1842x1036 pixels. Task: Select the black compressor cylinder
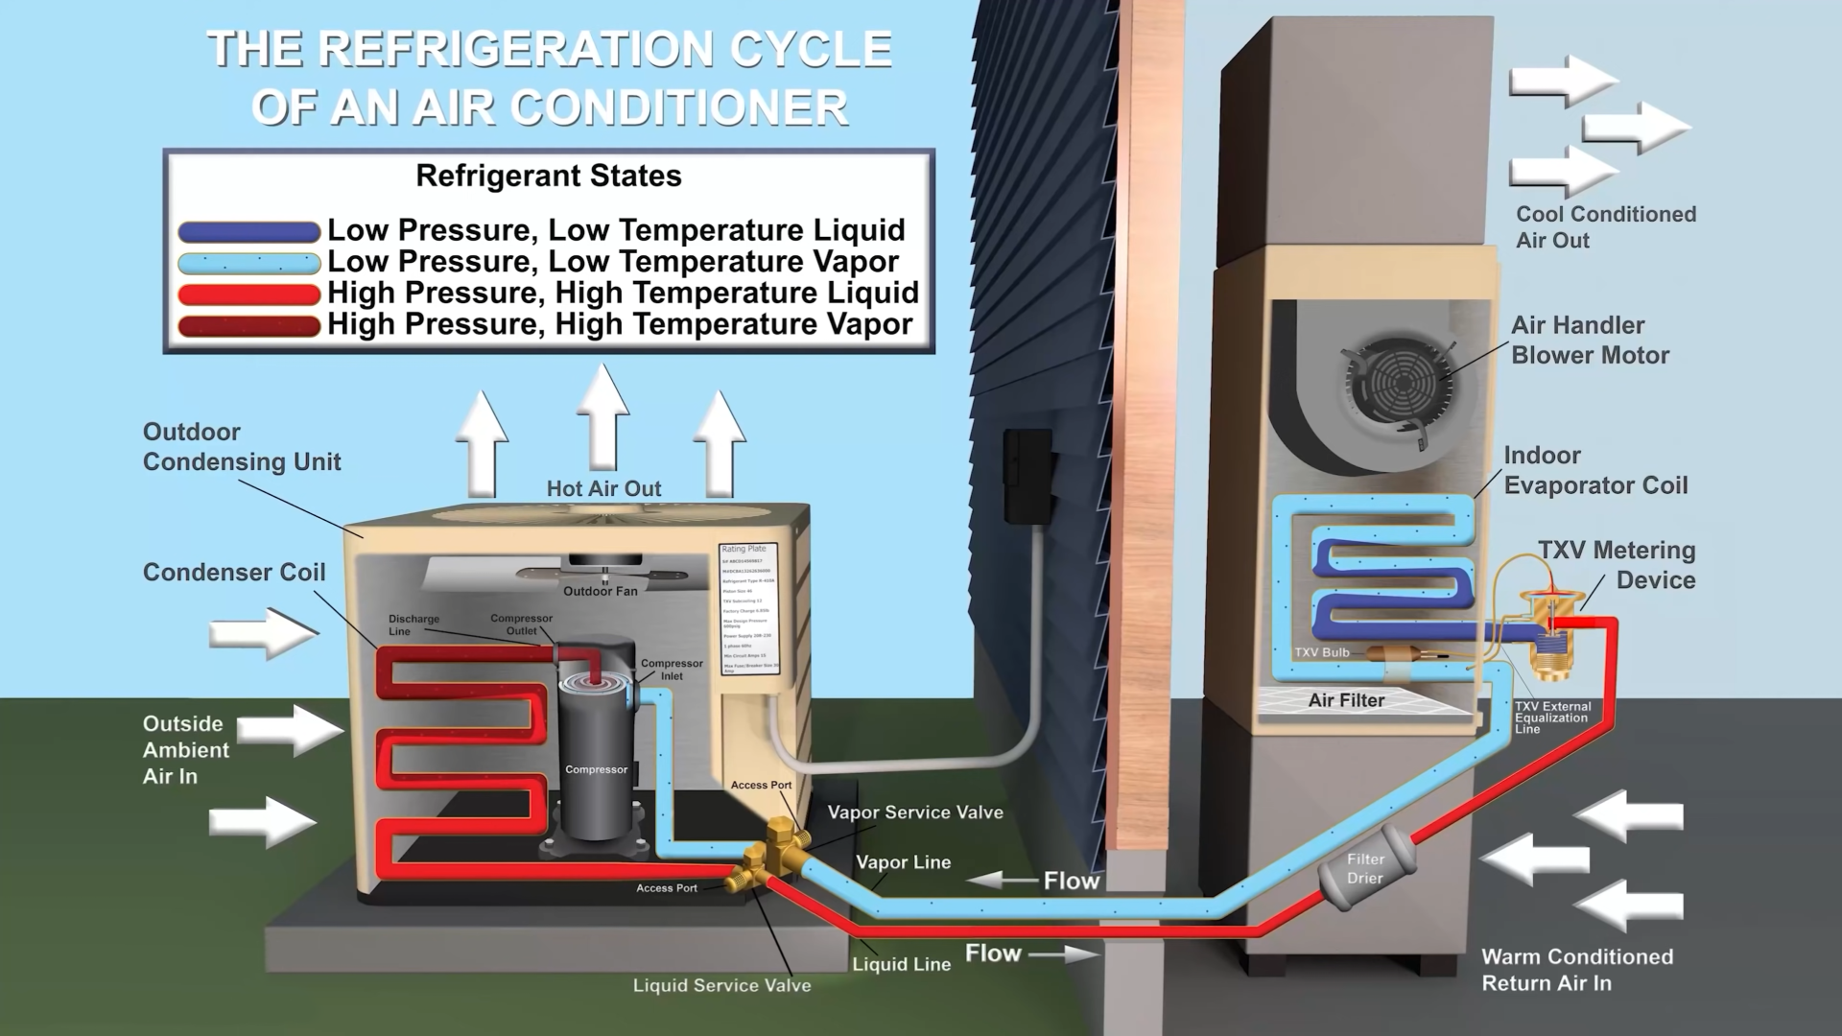[596, 758]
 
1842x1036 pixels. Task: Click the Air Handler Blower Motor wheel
[1401, 384]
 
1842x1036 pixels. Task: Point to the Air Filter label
[1346, 701]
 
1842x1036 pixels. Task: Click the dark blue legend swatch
[248, 231]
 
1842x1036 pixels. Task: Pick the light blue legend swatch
[248, 263]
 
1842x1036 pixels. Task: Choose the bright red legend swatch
[248, 294]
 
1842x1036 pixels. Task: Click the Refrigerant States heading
[548, 177]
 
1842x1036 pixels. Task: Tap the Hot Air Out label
[603, 489]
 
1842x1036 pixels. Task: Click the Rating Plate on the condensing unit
[748, 606]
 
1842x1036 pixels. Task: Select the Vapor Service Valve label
[915, 812]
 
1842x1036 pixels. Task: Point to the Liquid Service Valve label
[721, 986]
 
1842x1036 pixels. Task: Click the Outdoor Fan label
[600, 592]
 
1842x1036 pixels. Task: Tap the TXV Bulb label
[1322, 652]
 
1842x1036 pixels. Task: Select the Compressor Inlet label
[672, 670]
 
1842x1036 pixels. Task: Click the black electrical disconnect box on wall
[1027, 476]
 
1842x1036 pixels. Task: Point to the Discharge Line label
[413, 624]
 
